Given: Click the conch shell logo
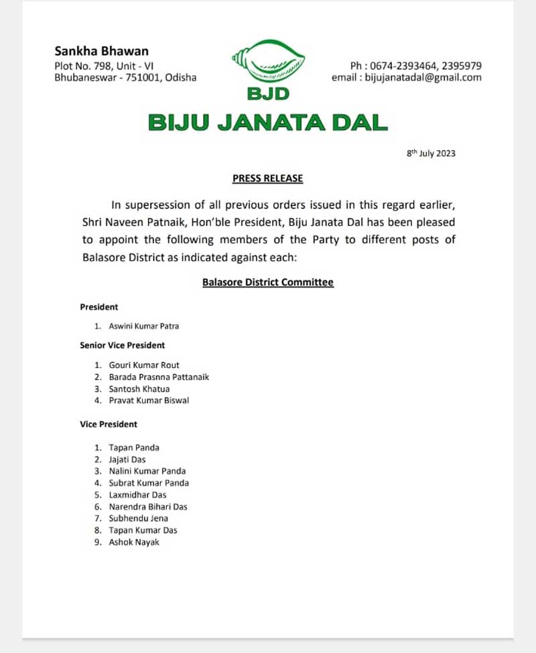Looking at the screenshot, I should (x=268, y=64).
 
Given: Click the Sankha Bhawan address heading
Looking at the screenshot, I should (x=101, y=51).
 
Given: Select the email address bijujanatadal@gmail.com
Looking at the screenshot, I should (x=423, y=78).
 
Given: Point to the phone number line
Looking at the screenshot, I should (x=415, y=66).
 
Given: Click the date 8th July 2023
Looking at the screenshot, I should (x=431, y=154).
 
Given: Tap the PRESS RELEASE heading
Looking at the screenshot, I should (x=267, y=178).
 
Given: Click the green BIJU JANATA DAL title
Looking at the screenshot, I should (x=267, y=123).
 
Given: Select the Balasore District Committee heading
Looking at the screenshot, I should (x=267, y=282).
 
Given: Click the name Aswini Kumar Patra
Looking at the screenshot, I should (x=143, y=326).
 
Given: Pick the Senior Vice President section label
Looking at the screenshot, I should (x=122, y=345).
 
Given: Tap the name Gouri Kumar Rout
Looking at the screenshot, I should (x=144, y=365).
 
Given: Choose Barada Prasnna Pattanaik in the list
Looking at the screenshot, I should (x=159, y=377).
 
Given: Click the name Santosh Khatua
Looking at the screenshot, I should (x=139, y=389).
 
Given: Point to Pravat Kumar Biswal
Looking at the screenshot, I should (x=149, y=401).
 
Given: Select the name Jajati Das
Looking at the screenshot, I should (x=127, y=460).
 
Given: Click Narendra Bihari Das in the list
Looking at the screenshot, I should (x=148, y=507).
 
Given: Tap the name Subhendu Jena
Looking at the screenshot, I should (x=139, y=518).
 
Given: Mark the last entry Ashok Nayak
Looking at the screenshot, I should (x=134, y=542).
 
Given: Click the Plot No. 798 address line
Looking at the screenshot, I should (x=104, y=66).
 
